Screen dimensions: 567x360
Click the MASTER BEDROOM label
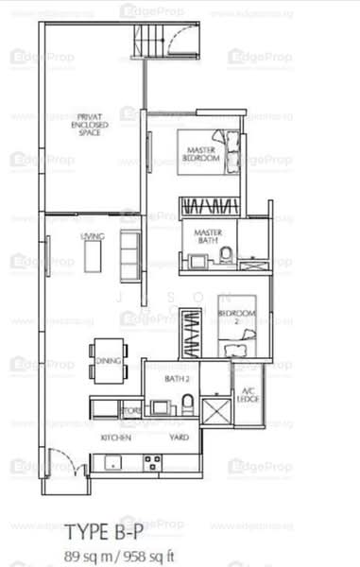tap(202, 154)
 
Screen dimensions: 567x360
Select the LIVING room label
tap(91, 236)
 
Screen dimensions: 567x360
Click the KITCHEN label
tap(114, 438)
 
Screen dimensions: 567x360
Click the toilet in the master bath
tap(227, 252)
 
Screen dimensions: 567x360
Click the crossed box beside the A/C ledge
tap(215, 411)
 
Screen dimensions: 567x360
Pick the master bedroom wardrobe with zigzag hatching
tap(210, 205)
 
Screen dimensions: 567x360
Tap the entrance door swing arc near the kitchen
tap(60, 464)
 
